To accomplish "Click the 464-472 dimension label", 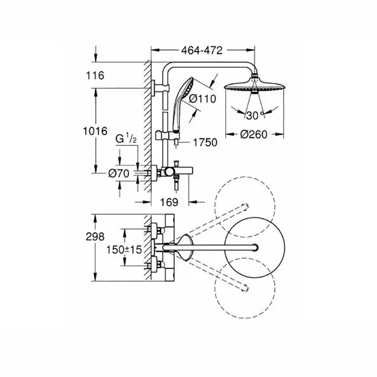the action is pos(202,51).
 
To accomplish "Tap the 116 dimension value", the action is pos(95,75).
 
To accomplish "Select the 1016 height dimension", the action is pos(95,131).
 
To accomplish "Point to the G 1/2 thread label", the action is pos(126,139).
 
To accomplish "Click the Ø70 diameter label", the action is pos(119,173).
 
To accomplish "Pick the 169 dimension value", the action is pos(169,202).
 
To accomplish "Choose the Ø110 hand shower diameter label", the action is pos(203,99).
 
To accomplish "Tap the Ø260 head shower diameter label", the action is pos(254,135).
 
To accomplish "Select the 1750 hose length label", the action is pos(205,142).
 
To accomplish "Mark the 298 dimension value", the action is pos(95,236).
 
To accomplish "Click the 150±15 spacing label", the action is pos(124,249).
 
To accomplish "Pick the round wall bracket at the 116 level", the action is pos(154,88).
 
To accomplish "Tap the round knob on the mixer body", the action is pos(169,172).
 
